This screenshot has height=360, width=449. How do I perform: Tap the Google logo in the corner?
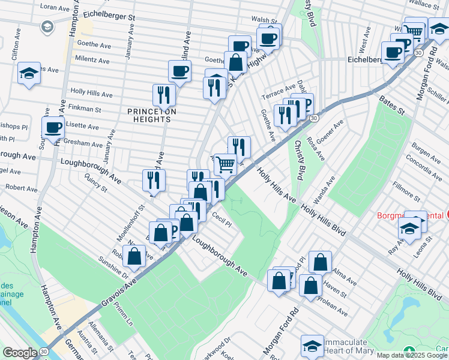pyautogui.click(x=20, y=352)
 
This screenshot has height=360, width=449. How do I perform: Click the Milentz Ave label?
pyautogui.click(x=92, y=61)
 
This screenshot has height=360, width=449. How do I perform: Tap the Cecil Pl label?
pyautogui.click(x=221, y=223)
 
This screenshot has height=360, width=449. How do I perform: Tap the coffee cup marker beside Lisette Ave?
pyautogui.click(x=53, y=128)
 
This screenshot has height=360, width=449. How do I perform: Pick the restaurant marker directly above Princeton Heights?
pyautogui.click(x=163, y=94)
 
